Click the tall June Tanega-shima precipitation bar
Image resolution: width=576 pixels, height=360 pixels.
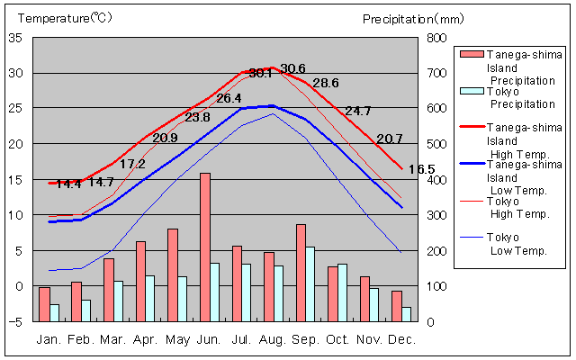[205, 247]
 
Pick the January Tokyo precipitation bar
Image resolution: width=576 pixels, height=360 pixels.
[55, 312]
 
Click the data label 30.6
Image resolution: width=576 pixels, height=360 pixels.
[293, 68]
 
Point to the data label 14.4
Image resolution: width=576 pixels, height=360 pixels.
[68, 184]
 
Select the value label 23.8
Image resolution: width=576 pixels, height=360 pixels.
[197, 117]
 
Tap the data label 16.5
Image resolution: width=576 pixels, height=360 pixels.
[421, 169]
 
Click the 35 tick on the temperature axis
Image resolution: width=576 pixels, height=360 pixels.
[16, 38]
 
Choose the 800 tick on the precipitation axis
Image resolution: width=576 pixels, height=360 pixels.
[436, 38]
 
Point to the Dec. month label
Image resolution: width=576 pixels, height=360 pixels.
[401, 339]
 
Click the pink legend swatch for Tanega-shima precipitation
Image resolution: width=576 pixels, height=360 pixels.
[470, 54]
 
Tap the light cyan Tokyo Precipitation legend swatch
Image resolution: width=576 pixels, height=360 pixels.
[470, 91]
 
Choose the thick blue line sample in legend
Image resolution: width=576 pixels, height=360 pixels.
[470, 165]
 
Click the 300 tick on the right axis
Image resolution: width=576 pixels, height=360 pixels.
[436, 215]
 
